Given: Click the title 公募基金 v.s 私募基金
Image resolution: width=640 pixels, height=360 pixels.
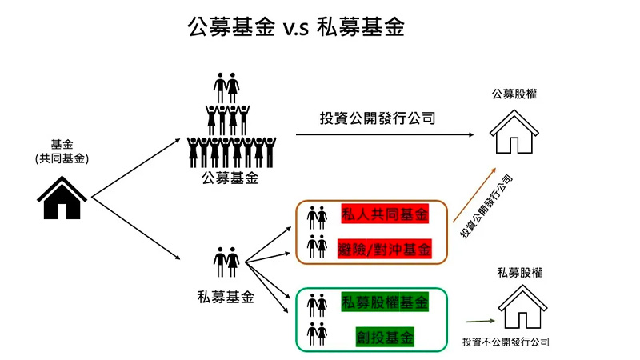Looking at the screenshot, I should pyautogui.click(x=296, y=27).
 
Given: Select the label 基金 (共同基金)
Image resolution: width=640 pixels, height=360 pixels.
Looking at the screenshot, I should pyautogui.click(x=62, y=151).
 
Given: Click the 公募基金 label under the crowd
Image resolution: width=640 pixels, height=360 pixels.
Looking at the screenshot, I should pyautogui.click(x=230, y=178).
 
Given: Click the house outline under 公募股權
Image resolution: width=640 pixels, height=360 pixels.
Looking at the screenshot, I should pyautogui.click(x=514, y=131).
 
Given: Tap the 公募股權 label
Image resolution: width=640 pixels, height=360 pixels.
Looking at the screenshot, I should pyautogui.click(x=514, y=94).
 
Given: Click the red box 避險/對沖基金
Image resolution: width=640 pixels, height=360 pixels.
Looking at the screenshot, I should pyautogui.click(x=384, y=248).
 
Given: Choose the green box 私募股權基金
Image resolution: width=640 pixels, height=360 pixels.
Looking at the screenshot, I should pyautogui.click(x=384, y=302).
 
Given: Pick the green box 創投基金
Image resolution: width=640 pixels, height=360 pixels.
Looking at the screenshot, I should pyautogui.click(x=385, y=337).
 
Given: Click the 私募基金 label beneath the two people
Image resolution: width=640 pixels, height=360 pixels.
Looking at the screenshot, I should pyautogui.click(x=225, y=297).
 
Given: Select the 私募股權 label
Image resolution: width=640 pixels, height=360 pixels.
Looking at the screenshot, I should pyautogui.click(x=520, y=272).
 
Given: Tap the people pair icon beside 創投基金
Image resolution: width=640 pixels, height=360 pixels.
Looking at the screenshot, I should pyautogui.click(x=317, y=333).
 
